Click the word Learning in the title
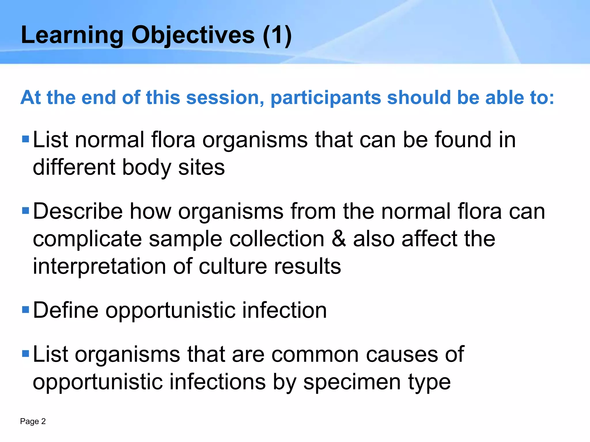[72, 35]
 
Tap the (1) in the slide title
[277, 35]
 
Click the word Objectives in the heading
[193, 35]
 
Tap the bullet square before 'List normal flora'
[26, 139]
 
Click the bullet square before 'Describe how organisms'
[26, 211]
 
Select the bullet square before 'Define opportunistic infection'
[26, 310]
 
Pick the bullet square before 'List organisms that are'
[26, 354]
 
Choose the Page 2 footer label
[33, 421]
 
